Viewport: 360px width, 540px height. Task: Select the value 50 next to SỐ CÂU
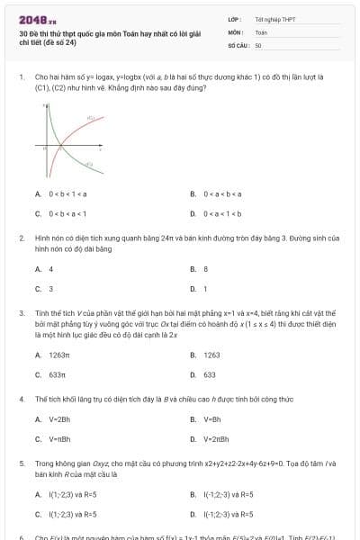[258, 44]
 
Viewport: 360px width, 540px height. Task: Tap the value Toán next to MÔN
[261, 31]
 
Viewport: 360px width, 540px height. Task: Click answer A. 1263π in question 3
[54, 355]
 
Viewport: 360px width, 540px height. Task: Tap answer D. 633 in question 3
[205, 374]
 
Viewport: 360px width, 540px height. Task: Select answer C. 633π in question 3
[52, 374]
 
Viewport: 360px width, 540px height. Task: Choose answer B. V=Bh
[208, 418]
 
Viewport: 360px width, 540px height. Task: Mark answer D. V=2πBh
[211, 439]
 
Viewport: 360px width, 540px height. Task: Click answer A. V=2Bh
[53, 418]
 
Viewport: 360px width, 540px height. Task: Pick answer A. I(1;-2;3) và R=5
[66, 493]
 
